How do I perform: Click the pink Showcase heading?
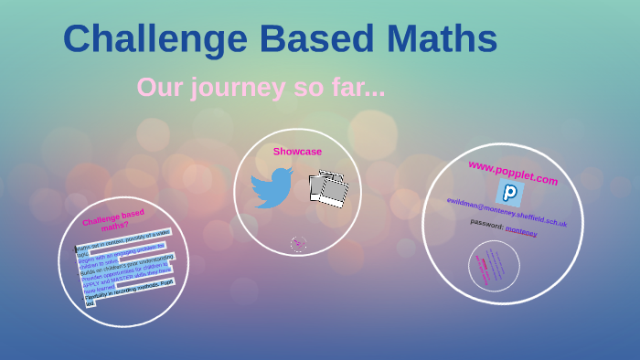(x=297, y=152)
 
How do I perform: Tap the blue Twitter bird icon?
(x=272, y=187)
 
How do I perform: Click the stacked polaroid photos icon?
(x=328, y=189)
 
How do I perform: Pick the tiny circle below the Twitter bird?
(x=298, y=243)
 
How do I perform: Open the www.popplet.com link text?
(x=512, y=173)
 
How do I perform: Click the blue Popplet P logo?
(x=509, y=193)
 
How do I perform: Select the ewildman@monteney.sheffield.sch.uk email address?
(x=507, y=212)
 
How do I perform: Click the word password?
(x=486, y=223)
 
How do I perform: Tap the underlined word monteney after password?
(x=521, y=230)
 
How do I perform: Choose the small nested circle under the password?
(x=494, y=266)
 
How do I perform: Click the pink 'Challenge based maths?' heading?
(x=114, y=219)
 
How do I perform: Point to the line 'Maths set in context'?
(x=123, y=239)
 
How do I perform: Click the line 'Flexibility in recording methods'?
(x=128, y=290)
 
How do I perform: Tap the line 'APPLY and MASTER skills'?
(x=127, y=277)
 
